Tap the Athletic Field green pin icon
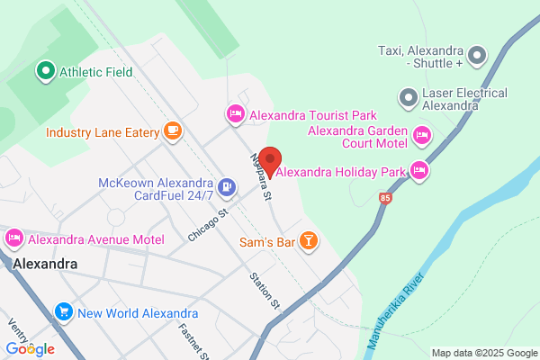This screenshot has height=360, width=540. (x=44, y=70)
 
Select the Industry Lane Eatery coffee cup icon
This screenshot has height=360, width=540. (x=172, y=131)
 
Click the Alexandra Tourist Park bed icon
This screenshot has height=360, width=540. (x=234, y=114)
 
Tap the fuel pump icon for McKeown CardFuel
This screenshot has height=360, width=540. (x=227, y=188)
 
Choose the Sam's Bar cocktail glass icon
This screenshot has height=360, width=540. (x=309, y=240)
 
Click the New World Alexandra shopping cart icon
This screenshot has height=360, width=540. (x=63, y=312)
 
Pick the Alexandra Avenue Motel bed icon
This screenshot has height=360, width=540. (x=13, y=238)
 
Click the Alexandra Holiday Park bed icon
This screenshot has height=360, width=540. (x=418, y=169)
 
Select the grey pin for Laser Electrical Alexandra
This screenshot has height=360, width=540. (x=409, y=95)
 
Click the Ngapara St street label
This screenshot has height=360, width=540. (x=261, y=175)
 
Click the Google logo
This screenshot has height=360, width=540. (x=30, y=348)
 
